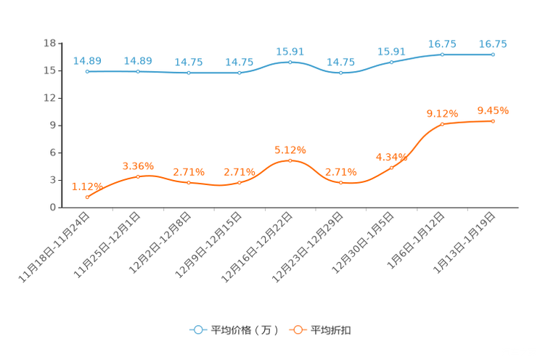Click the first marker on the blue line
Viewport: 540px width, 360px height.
point(87,71)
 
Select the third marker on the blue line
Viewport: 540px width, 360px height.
point(189,73)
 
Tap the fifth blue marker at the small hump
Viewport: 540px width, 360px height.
point(290,62)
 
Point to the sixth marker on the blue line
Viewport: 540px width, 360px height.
point(341,73)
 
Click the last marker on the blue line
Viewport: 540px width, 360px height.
point(493,54)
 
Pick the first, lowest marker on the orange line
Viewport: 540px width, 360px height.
point(87,197)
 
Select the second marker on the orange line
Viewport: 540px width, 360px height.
point(138,176)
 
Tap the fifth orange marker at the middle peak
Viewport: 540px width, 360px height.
point(290,160)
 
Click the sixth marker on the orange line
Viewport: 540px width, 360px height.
point(341,183)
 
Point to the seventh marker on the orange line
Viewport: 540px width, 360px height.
point(392,168)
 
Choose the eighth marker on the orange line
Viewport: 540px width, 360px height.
point(442,124)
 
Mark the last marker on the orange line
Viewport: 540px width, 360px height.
point(493,121)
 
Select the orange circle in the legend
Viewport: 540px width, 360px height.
point(297,330)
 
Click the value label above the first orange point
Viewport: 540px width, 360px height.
point(84,187)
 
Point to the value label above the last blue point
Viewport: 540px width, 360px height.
point(493,44)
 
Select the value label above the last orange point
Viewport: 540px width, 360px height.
point(493,111)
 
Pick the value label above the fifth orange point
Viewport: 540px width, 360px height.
point(290,150)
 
